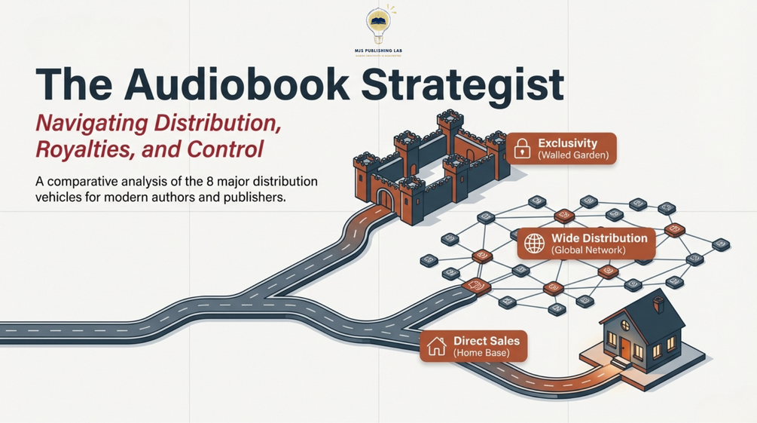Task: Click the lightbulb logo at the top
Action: pos(378,23)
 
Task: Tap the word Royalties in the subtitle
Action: pos(83,149)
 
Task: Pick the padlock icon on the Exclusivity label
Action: pos(521,149)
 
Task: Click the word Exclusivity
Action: pos(567,143)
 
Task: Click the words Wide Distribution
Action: pos(599,238)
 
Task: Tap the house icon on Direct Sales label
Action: pos(436,346)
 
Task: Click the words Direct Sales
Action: pos(486,340)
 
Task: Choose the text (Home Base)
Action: pos(481,353)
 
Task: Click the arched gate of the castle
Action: pos(384,200)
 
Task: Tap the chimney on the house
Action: pos(658,304)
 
